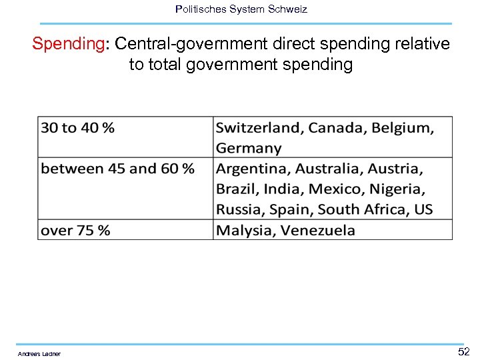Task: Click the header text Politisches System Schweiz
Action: click(241, 9)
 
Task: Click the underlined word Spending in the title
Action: click(69, 44)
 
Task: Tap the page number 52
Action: click(463, 351)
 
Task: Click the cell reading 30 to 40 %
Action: click(77, 127)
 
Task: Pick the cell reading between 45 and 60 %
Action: click(117, 169)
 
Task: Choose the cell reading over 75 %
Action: click(75, 231)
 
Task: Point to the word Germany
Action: click(248, 148)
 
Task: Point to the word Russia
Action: click(240, 210)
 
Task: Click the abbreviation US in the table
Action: click(423, 210)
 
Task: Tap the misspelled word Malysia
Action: click(245, 231)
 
